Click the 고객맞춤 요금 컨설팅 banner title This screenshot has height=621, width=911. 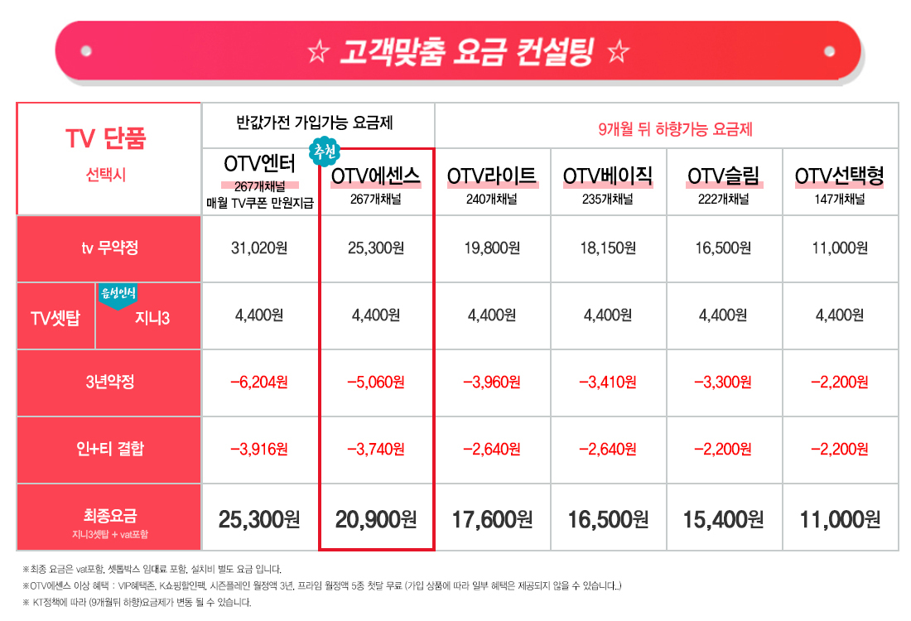tap(468, 52)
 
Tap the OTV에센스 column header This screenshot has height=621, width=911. tap(376, 176)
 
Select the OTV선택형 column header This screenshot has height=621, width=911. tap(840, 176)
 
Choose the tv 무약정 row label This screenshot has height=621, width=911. tap(109, 248)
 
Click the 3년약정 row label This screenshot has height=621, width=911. tap(109, 382)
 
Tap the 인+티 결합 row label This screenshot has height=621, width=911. tap(109, 449)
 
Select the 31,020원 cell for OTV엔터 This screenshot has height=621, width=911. tap(259, 248)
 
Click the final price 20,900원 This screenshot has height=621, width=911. tap(376, 519)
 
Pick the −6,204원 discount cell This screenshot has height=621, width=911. tap(259, 382)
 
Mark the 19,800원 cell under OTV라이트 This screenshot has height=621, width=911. tap(492, 248)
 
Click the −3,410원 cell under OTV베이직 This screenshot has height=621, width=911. tap(608, 382)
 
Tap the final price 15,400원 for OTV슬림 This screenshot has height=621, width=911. tap(724, 519)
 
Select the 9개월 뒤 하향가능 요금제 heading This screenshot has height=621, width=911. tap(675, 129)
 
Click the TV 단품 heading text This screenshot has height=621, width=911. tap(105, 138)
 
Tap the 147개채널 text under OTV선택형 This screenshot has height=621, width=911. tap(840, 199)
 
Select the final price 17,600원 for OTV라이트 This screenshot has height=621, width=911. tap(492, 519)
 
